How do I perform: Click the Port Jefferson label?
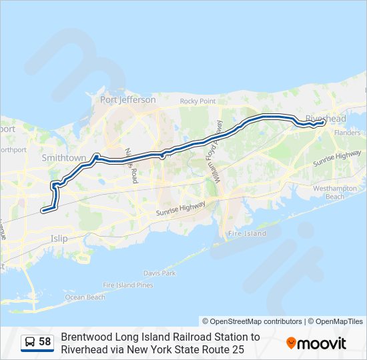[127, 100]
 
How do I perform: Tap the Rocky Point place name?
[198, 101]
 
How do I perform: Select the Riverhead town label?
[326, 119]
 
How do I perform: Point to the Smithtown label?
[64, 159]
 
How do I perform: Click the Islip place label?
[59, 237]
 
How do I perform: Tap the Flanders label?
[346, 133]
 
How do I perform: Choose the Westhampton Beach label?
[335, 193]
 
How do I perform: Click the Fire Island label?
[247, 234]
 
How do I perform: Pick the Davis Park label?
[159, 273]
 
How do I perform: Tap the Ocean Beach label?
[85, 297]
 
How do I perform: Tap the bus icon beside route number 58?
[30, 342]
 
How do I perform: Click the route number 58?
[45, 342]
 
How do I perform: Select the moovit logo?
[316, 343]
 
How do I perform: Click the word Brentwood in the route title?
[85, 337]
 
